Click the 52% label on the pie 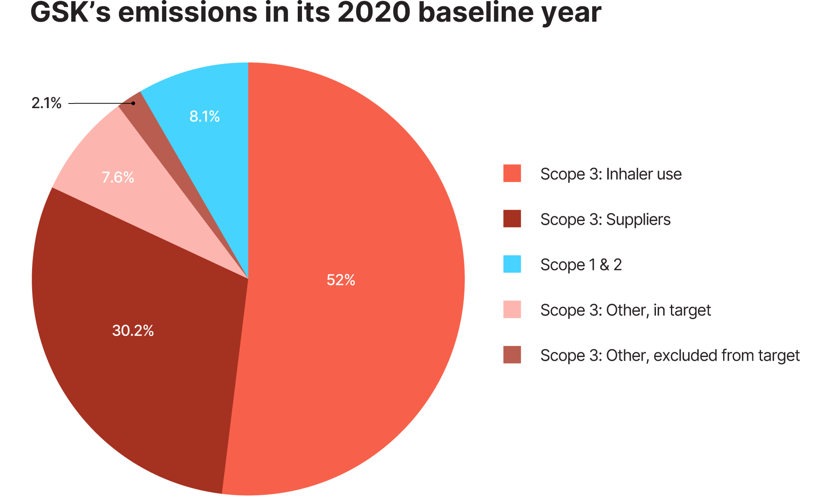pyautogui.click(x=341, y=280)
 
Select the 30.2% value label pyautogui.click(x=133, y=331)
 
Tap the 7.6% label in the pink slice pyautogui.click(x=118, y=178)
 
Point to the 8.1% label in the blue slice pyautogui.click(x=204, y=116)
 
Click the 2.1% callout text pyautogui.click(x=46, y=103)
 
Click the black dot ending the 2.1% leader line pyautogui.click(x=133, y=103)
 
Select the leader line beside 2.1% pyautogui.click(x=100, y=103)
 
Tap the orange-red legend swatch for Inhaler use pyautogui.click(x=512, y=173)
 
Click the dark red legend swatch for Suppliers pyautogui.click(x=512, y=219)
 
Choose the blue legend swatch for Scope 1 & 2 pyautogui.click(x=512, y=264)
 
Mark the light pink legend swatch pyautogui.click(x=512, y=310)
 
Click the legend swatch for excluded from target pyautogui.click(x=512, y=355)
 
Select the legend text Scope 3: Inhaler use pyautogui.click(x=610, y=174)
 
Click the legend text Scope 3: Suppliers pyautogui.click(x=605, y=219)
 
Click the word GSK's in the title pyautogui.click(x=70, y=13)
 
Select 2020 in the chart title pyautogui.click(x=374, y=13)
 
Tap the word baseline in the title pyautogui.click(x=476, y=13)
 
